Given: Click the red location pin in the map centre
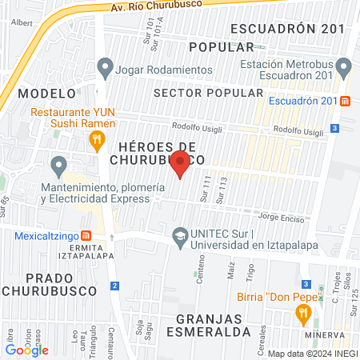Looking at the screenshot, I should (180, 164).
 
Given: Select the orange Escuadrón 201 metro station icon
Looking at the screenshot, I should (345, 102).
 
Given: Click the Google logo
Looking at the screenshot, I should (27, 350).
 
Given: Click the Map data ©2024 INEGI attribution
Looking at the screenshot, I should (311, 353).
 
